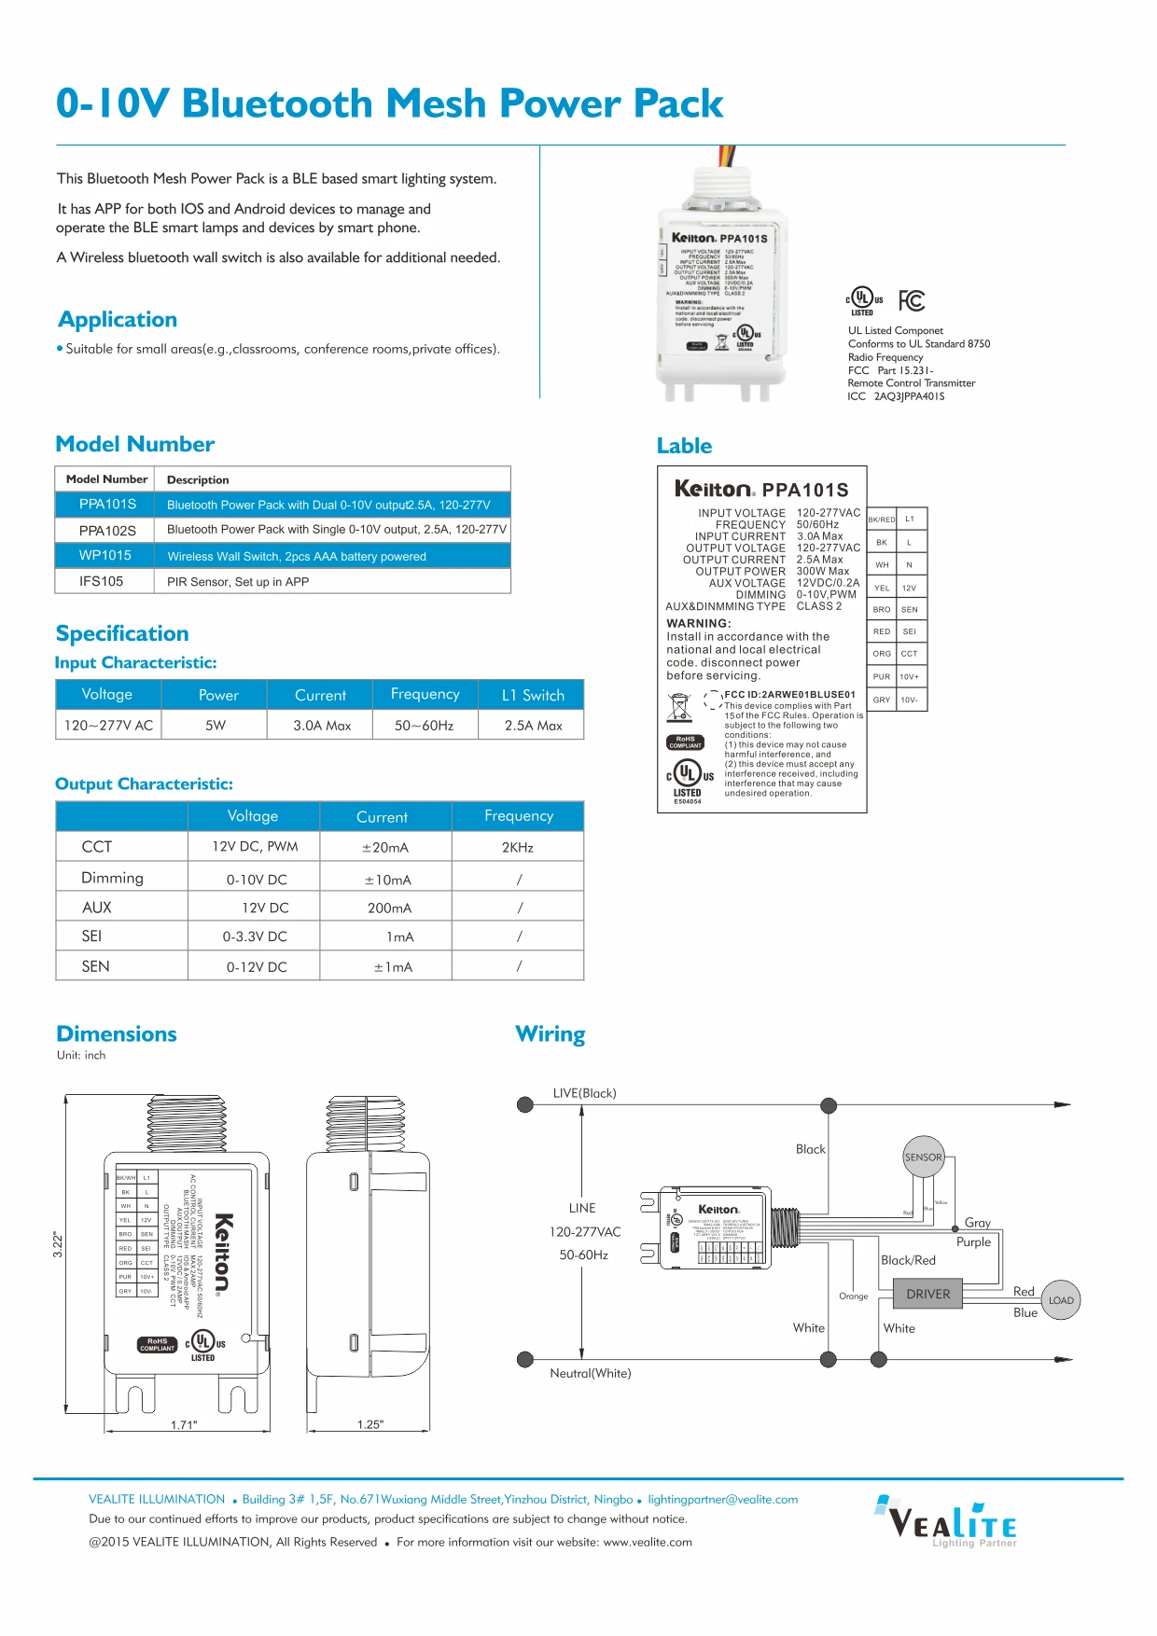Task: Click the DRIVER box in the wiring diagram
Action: point(927,1294)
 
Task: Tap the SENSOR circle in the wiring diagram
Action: point(923,1158)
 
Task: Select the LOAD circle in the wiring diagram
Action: point(1061,1300)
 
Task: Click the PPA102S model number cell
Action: point(107,530)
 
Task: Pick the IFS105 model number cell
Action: point(102,581)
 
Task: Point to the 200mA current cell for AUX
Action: point(389,908)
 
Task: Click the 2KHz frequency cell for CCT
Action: point(518,847)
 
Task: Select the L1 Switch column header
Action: point(533,695)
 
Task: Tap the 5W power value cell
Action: point(216,725)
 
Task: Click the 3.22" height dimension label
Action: point(58,1244)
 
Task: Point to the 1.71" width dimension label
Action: point(184,1424)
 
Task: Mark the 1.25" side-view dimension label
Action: point(370,1424)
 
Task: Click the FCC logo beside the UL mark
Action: point(912,300)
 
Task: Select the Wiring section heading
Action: point(551,1034)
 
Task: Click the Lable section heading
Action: point(684,446)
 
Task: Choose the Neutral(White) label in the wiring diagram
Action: point(591,1373)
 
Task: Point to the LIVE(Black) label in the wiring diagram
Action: point(585,1093)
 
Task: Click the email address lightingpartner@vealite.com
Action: point(723,1499)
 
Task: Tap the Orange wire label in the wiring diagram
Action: point(854,1296)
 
